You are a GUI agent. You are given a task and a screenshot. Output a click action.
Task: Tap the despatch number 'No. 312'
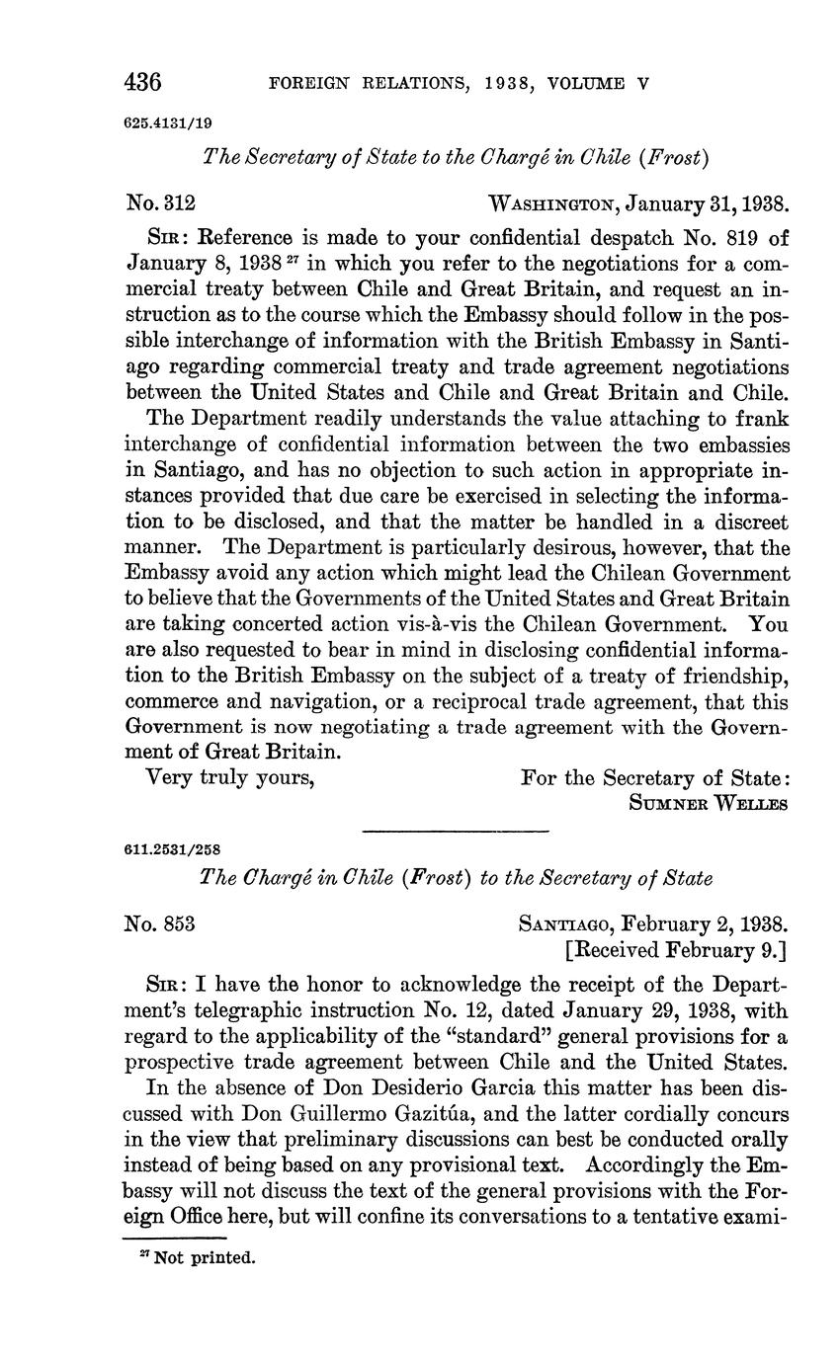coord(161,204)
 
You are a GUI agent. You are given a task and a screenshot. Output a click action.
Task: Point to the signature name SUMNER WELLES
coord(708,803)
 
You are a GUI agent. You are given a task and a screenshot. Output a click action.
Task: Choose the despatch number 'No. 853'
coord(159,924)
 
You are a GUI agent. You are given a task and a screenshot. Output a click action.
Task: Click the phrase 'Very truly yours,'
coord(230,777)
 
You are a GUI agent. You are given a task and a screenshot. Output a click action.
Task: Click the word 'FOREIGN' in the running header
coord(308,84)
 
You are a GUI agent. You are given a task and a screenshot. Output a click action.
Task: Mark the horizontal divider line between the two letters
coord(455,831)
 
